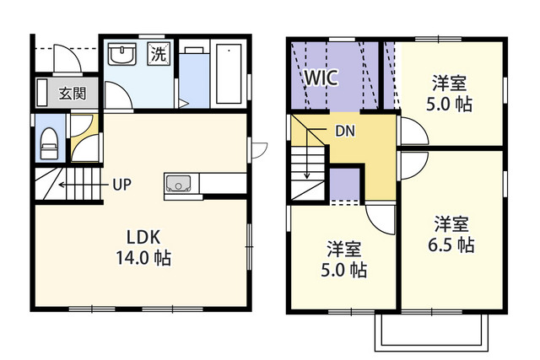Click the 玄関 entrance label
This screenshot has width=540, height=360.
click(x=72, y=94)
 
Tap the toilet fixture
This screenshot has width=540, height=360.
click(x=49, y=143)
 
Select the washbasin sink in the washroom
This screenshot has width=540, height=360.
click(x=121, y=54)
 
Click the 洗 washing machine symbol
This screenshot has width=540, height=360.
click(x=159, y=53)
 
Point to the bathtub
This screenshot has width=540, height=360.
click(x=229, y=73)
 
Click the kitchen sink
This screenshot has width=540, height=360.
click(x=178, y=183)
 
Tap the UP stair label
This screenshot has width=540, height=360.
click(x=121, y=185)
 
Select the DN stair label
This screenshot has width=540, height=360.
click(x=345, y=131)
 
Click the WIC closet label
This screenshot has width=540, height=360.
click(x=321, y=78)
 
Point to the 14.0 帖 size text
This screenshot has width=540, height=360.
click(x=143, y=258)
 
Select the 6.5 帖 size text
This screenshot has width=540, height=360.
click(x=451, y=245)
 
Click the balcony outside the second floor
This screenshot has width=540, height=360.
click(x=431, y=332)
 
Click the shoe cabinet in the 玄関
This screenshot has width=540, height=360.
click(x=42, y=92)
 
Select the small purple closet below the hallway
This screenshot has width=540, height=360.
click(x=345, y=184)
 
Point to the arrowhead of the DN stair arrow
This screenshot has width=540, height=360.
click(x=307, y=176)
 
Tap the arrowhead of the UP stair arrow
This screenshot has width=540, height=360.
click(x=61, y=185)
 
